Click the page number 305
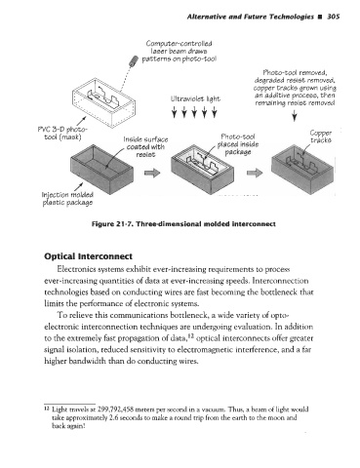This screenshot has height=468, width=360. pyautogui.click(x=333, y=17)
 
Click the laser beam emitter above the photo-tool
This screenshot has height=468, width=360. pyautogui.click(x=134, y=60)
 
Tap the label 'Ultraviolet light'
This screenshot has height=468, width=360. pyautogui.click(x=195, y=98)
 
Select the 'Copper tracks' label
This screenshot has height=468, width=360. pyautogui.click(x=321, y=136)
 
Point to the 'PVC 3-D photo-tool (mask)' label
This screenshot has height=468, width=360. pyautogui.click(x=62, y=134)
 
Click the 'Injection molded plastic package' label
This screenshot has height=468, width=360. pyautogui.click(x=67, y=199)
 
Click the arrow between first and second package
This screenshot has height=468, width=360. pyautogui.click(x=152, y=173)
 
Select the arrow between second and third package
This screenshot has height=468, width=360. pyautogui.click(x=255, y=173)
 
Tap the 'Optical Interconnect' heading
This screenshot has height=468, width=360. pyautogui.click(x=88, y=256)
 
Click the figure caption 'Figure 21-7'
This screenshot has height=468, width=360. pyautogui.click(x=112, y=224)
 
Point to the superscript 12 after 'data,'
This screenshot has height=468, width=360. pyautogui.click(x=191, y=336)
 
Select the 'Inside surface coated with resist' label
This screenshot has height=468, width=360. pyautogui.click(x=145, y=147)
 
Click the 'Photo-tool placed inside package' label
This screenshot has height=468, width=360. pyautogui.click(x=238, y=144)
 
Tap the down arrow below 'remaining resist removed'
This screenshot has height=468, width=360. pyautogui.click(x=295, y=115)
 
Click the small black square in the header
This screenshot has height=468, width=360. pyautogui.click(x=320, y=17)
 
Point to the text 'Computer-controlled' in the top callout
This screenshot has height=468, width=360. pyautogui.click(x=179, y=44)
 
